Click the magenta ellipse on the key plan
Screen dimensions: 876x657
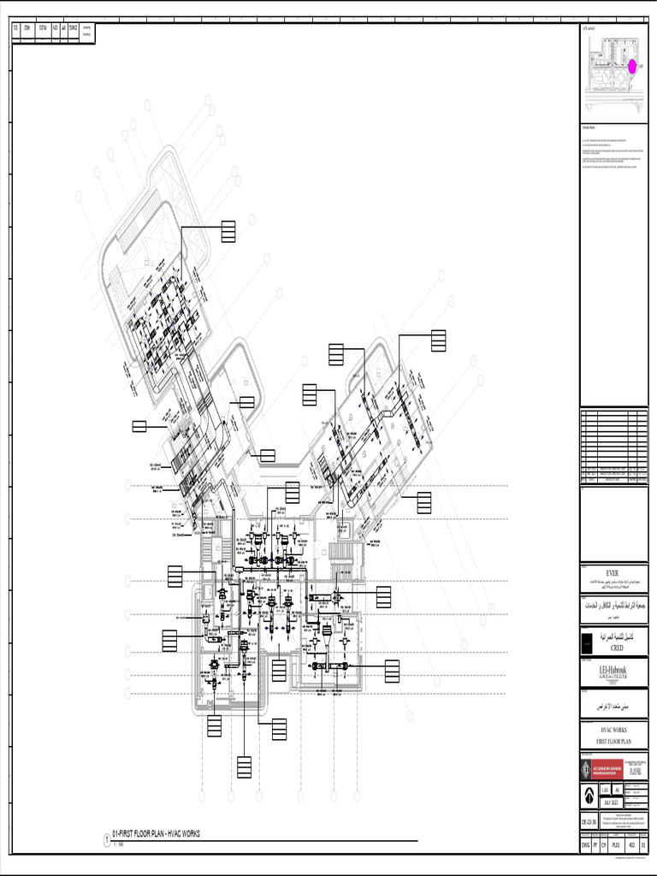coord(632,66)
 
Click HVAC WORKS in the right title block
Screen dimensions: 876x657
coord(613,730)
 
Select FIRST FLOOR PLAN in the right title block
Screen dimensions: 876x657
coord(613,741)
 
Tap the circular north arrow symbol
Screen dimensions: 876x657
coord(589,795)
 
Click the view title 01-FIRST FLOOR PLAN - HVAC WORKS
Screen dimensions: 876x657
coord(157,832)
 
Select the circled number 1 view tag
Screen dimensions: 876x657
coord(108,840)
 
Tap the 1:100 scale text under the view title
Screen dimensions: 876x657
coord(120,843)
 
